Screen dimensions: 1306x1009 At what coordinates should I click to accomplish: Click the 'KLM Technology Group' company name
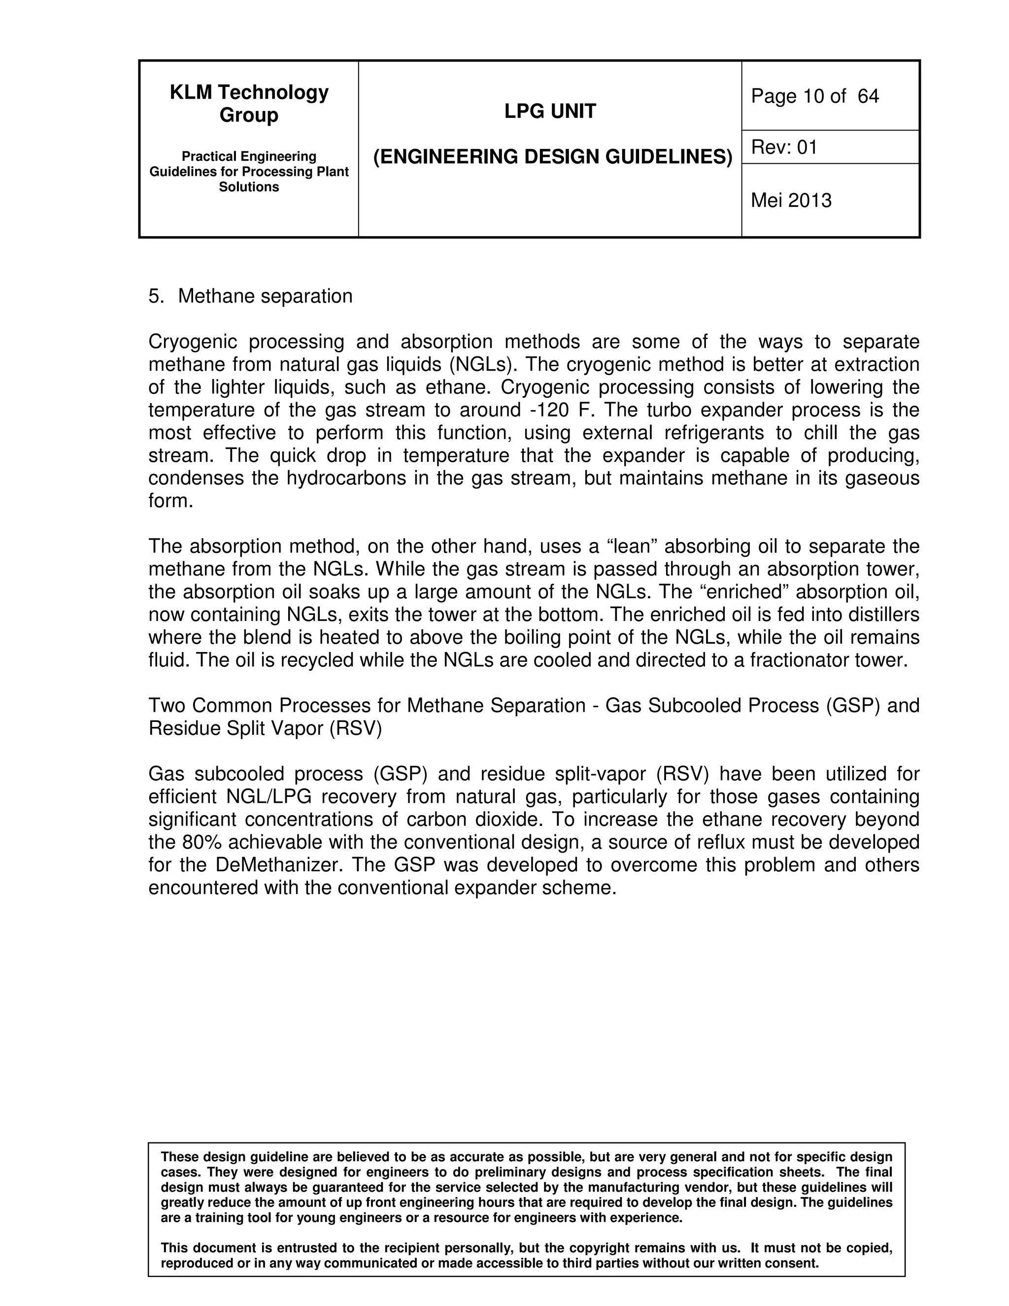pos(249,103)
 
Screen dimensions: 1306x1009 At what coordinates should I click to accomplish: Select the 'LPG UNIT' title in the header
pos(550,111)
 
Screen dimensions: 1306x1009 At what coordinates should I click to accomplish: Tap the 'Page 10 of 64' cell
pos(815,96)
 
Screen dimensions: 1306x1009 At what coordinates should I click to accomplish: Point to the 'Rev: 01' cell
pos(784,147)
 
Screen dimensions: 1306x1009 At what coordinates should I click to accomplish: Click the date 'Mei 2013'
pos(791,200)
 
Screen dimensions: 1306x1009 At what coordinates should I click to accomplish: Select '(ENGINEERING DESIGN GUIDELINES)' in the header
pos(552,157)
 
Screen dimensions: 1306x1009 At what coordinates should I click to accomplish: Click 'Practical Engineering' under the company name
pos(249,157)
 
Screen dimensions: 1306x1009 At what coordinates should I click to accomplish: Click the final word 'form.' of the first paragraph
pos(170,501)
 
